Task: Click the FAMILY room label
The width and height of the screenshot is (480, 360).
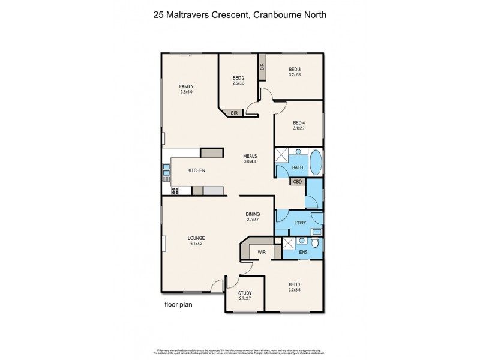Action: coord(187,86)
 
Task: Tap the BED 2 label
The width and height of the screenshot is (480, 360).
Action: coord(239,77)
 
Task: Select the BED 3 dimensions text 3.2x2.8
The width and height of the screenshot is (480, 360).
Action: coord(295,75)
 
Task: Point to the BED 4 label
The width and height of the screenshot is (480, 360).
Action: coord(299,122)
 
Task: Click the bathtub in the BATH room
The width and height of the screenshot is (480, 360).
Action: coord(317,163)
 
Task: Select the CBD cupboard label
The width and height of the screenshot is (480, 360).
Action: coord(298,181)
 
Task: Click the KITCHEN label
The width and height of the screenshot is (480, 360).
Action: coord(196,171)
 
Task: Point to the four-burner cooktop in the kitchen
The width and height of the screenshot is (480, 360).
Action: coord(176,191)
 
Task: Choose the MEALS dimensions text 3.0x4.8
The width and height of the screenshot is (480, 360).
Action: coord(250,161)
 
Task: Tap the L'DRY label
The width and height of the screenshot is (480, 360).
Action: coord(300,224)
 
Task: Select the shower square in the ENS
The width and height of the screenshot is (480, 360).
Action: coord(289,243)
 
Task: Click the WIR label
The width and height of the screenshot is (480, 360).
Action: coord(262,253)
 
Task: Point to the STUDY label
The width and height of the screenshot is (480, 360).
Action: coord(244,293)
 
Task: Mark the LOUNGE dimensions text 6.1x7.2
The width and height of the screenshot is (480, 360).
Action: coord(196,243)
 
